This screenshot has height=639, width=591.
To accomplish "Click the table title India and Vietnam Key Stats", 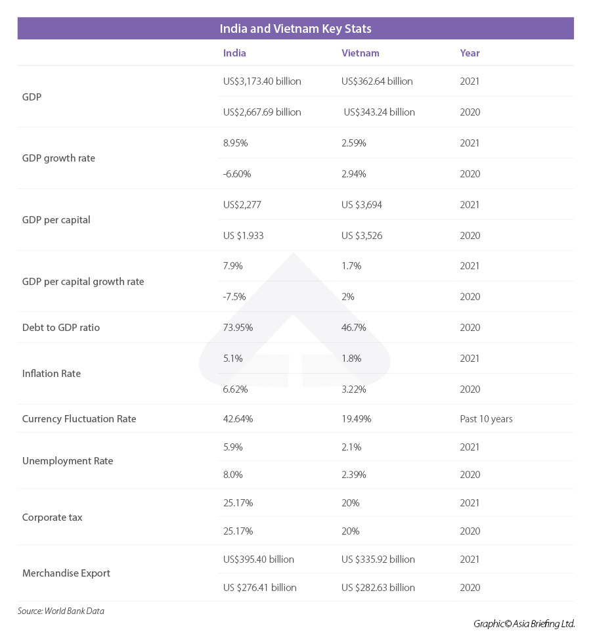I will point(295,29).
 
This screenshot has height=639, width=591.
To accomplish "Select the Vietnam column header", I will point(361,53).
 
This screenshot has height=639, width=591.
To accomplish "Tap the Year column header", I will point(470,53).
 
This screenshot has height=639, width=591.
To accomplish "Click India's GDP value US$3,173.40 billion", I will point(262,81).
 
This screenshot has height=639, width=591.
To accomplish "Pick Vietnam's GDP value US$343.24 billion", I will point(379,112).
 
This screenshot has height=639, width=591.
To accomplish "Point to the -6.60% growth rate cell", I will point(237,174).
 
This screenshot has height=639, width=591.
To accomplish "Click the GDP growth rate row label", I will point(58,158).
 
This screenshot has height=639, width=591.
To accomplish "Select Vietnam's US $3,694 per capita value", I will point(362,205).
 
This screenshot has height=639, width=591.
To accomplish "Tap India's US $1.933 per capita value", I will point(244,236).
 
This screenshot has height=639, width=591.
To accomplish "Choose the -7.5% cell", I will point(234,297).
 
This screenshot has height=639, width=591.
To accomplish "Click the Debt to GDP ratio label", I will point(61,328).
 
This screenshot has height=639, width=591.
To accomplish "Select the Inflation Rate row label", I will point(51,374).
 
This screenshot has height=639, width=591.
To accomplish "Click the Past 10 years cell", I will point(486,419).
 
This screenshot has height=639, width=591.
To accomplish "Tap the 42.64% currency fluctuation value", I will point(238,419).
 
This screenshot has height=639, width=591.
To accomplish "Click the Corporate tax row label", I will point(53,518).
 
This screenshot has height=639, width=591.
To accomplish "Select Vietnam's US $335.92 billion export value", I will point(378,560).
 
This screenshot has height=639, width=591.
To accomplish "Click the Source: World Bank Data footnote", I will point(61,611).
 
